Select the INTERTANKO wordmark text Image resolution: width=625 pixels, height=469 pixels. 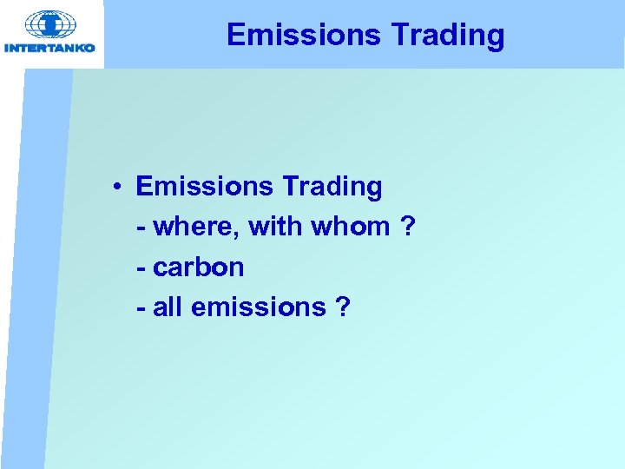coord(50,49)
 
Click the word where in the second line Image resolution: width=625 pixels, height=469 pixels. coord(197,227)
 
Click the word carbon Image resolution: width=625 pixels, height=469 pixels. coord(199,267)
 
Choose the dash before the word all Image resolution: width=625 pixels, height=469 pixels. coord(141,308)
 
